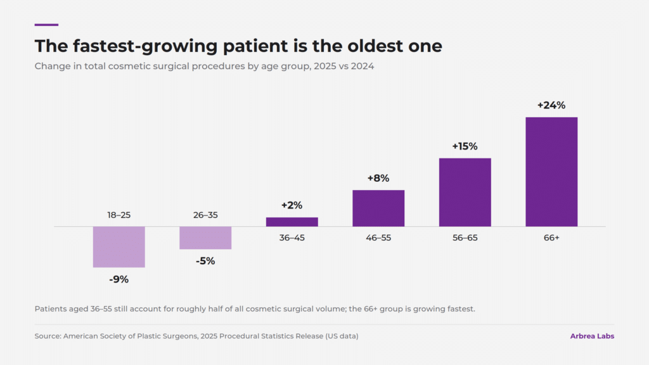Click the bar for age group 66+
551,172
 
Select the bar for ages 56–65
465,192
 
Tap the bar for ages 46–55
378,208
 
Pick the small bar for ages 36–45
292,222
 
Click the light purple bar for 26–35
205,238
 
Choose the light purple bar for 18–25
119,247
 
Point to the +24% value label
551,105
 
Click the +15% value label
465,146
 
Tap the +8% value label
378,178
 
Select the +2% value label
292,205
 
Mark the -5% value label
205,261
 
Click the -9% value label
119,279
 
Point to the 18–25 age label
119,215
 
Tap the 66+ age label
551,238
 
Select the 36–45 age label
292,238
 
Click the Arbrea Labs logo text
592,336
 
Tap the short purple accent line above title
46,25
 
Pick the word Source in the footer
48,336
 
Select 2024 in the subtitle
362,66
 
